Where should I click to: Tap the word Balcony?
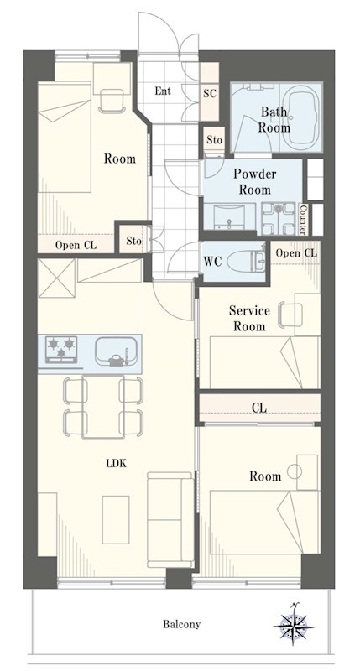click(181, 624)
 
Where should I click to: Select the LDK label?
click(117, 463)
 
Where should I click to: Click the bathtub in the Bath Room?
click(304, 117)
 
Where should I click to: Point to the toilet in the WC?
click(247, 261)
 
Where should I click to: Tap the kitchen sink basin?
click(116, 351)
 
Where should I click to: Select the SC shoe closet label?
click(210, 94)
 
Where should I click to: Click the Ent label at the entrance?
click(163, 91)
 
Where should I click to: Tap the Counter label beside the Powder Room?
click(303, 219)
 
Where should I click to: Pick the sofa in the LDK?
click(170, 519)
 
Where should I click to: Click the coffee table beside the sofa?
click(116, 519)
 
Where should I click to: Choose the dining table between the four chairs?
click(103, 407)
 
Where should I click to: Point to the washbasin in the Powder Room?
click(230, 217)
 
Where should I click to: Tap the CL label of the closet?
click(259, 408)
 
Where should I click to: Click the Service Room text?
click(249, 319)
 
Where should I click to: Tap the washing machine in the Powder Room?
click(279, 218)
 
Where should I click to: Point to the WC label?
click(212, 261)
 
